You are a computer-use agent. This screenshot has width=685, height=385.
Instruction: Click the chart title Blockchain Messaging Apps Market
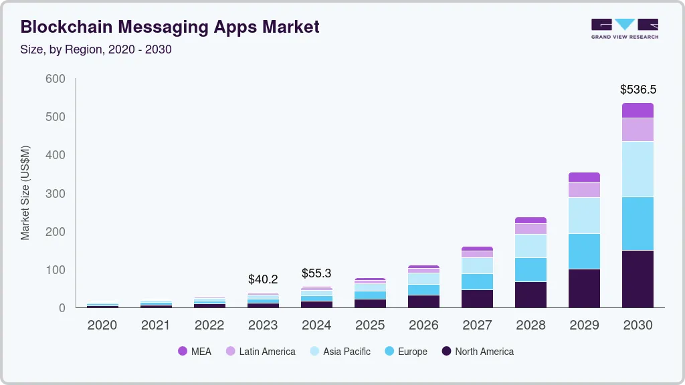[170, 27]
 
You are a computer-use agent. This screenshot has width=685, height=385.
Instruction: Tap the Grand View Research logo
[624, 28]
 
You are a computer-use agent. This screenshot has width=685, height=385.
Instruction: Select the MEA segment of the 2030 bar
[638, 110]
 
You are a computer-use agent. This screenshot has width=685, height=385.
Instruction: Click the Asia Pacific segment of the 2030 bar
[638, 168]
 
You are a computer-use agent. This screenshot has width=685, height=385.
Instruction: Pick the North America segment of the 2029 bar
[584, 288]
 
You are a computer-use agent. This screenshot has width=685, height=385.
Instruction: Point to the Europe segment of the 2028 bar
[530, 269]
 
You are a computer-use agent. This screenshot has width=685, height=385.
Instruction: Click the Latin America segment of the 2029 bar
[584, 189]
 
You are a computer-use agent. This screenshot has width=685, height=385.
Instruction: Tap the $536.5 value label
[638, 89]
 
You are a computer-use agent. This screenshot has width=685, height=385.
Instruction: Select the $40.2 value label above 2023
[263, 279]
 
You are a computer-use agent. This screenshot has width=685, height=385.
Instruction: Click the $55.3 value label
[316, 273]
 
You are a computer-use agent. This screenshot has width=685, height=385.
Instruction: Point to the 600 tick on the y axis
[56, 79]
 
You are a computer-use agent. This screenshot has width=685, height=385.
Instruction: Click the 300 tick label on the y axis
[56, 194]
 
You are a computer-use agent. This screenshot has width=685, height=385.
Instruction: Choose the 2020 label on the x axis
[102, 326]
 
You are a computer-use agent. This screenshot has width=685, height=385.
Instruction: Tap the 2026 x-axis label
[423, 326]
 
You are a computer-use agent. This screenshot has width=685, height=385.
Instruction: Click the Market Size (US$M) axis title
[25, 192]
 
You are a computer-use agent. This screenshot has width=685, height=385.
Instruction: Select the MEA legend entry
[195, 351]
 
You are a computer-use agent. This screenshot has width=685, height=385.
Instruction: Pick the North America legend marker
[446, 351]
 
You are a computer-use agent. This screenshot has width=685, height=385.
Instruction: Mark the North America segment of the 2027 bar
[477, 298]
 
